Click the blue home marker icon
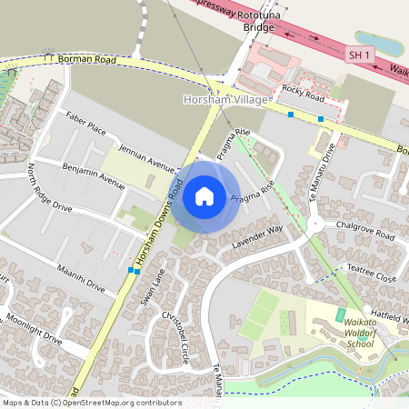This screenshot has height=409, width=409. point(204,195)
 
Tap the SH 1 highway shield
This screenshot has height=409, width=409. point(360,55)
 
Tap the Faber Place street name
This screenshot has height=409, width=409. point(85,124)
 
